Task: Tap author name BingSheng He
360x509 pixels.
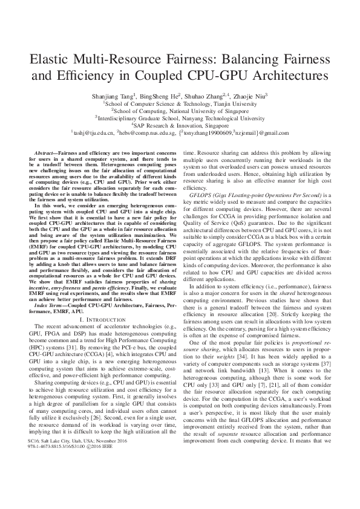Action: (160, 96)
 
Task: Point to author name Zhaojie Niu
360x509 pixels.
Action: (254, 96)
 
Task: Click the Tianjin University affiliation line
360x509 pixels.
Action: (180, 103)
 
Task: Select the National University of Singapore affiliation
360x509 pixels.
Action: (180, 111)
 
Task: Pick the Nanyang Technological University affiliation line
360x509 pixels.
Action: (180, 118)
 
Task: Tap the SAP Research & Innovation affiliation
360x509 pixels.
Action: (180, 126)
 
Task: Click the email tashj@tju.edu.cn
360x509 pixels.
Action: (92, 133)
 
